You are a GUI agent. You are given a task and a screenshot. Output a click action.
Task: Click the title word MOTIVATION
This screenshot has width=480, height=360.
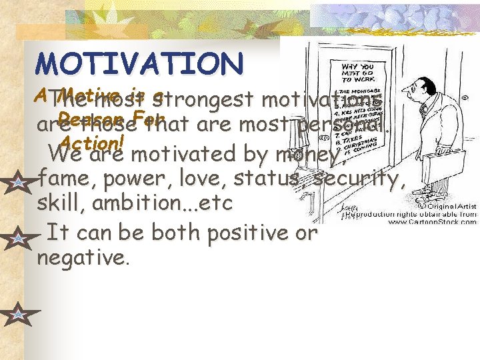point(140,63)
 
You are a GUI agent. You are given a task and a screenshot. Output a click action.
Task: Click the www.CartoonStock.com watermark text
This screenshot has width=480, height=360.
point(436,221)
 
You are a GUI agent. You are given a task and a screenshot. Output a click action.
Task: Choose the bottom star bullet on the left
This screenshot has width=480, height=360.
point(16,313)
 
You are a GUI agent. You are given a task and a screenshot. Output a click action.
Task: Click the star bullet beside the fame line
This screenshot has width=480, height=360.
point(16,181)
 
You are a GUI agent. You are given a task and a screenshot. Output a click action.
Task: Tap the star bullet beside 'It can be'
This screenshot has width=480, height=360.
point(16,237)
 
